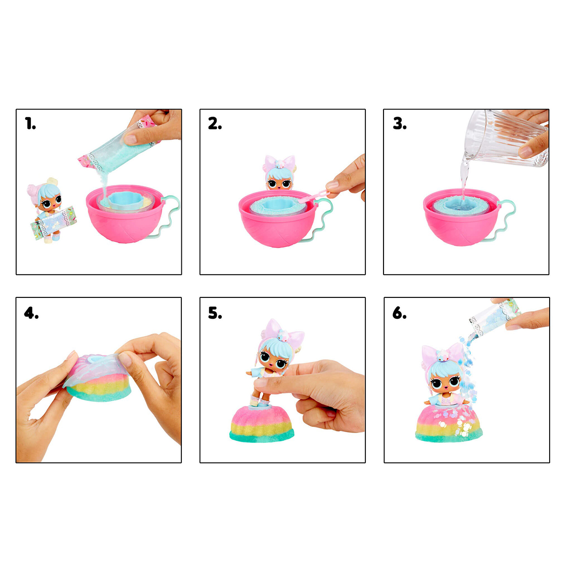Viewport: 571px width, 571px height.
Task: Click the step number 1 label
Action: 30,123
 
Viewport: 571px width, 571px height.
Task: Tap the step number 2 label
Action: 215,123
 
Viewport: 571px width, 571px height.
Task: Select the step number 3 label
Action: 400,123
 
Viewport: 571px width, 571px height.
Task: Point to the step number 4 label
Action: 31,313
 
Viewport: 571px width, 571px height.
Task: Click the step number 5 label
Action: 215,313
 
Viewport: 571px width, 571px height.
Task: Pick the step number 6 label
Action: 399,313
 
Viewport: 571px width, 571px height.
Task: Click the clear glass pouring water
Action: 505,138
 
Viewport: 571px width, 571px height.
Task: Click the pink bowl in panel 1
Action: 125,217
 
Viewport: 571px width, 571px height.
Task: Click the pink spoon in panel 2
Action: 315,196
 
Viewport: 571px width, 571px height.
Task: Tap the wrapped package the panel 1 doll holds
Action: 54,222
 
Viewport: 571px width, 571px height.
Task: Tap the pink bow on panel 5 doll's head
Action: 283,330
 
